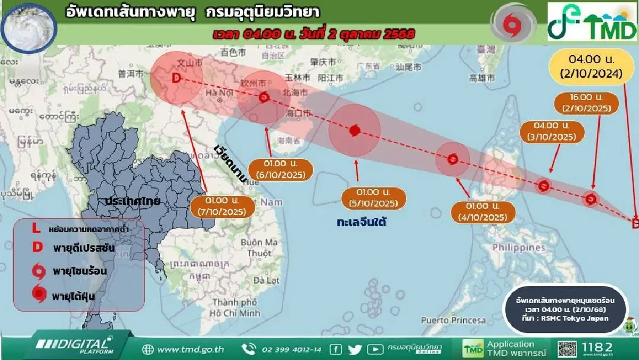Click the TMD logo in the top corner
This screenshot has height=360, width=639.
point(593,22)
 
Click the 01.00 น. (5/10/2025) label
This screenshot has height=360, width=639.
point(373,198)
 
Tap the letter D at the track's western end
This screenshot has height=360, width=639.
point(176,79)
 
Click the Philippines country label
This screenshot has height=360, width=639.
point(514,248)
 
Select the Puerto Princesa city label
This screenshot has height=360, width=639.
point(453,320)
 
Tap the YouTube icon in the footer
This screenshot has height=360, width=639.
point(375,349)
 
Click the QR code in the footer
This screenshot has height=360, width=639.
point(568,349)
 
